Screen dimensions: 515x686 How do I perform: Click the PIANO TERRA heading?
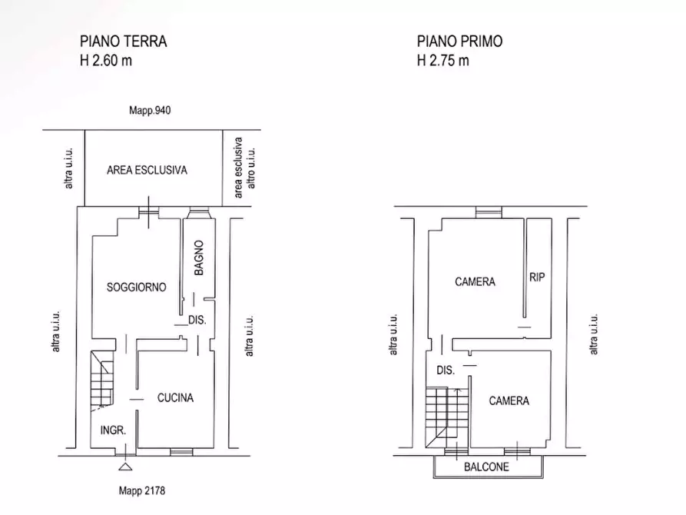click(x=124, y=41)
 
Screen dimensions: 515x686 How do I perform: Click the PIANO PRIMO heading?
click(x=459, y=41)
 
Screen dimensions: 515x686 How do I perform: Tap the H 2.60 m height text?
click(x=106, y=61)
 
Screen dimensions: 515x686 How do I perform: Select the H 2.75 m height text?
click(x=442, y=61)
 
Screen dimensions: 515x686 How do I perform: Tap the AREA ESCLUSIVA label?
click(x=147, y=171)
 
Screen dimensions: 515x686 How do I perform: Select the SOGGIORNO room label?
click(x=136, y=287)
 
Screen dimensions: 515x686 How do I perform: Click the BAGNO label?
click(x=199, y=258)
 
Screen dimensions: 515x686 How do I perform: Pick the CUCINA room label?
click(x=175, y=397)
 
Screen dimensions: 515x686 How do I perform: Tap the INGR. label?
click(x=113, y=431)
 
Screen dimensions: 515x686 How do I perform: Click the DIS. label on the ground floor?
click(x=197, y=321)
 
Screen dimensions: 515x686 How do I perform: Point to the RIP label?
click(x=537, y=277)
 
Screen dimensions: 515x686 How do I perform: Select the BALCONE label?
click(x=486, y=467)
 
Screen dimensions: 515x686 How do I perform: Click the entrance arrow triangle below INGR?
click(x=124, y=465)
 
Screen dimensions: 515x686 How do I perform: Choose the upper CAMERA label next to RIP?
click(x=475, y=282)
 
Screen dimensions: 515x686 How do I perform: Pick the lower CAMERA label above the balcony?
click(x=509, y=400)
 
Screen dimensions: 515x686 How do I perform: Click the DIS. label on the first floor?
click(x=446, y=370)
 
